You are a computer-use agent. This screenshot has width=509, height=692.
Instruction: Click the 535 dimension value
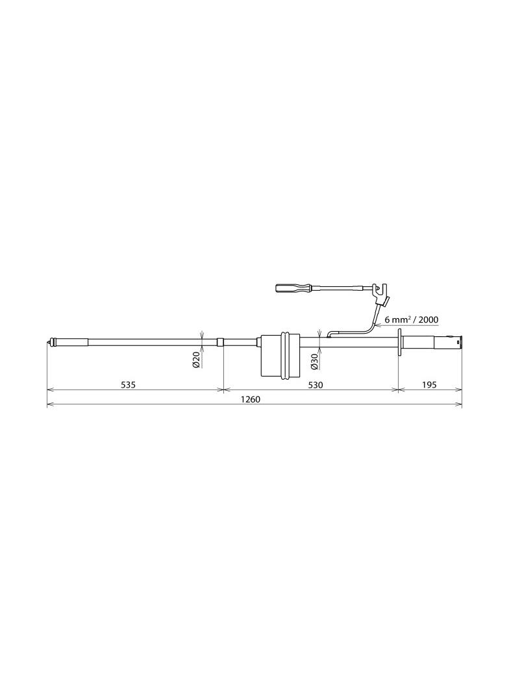[128, 385]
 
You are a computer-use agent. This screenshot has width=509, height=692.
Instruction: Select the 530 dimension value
[315, 385]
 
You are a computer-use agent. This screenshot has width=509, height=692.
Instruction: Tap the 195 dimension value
[428, 385]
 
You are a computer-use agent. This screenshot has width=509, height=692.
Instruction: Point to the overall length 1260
[251, 399]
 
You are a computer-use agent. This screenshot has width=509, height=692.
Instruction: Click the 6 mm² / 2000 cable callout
[411, 320]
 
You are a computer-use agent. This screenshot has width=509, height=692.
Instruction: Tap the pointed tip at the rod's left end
[47, 342]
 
